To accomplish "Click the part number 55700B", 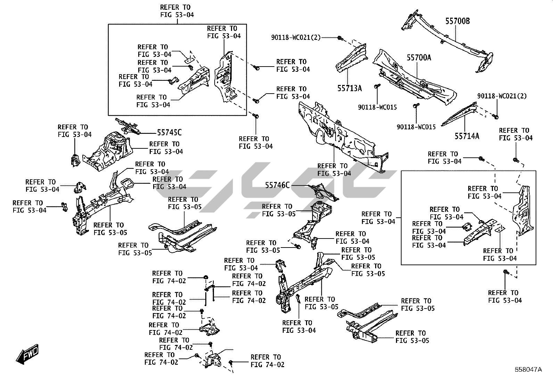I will (x=458, y=21).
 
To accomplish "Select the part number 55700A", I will (x=419, y=58).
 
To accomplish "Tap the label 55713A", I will (x=349, y=88).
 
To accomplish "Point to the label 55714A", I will (x=467, y=136).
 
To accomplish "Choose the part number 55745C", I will (x=169, y=132).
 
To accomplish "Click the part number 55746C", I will (x=277, y=185).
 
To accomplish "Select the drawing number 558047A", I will (x=528, y=370).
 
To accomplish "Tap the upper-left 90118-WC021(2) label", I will (x=296, y=37).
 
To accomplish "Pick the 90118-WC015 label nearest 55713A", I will (x=377, y=107).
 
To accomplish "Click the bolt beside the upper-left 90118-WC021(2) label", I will (x=340, y=38).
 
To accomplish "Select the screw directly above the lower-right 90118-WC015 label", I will (x=415, y=106).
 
